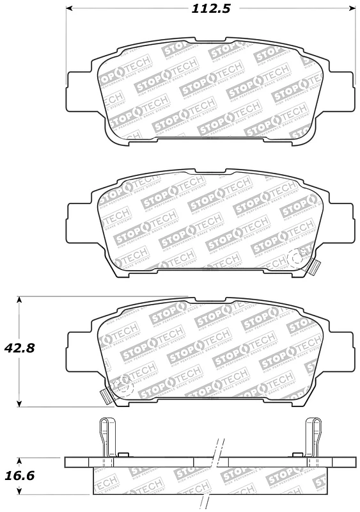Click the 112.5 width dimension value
(210, 9)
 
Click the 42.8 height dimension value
(19, 349)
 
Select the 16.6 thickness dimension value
(19, 476)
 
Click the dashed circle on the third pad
(121, 385)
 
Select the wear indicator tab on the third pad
(105, 395)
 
